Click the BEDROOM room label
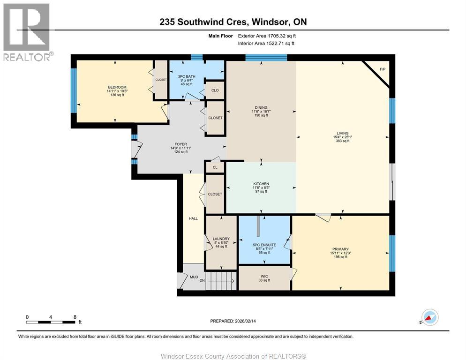[117, 87]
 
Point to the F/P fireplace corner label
[383, 69]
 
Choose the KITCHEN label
[261, 184]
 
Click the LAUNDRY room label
[221, 239]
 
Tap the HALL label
[193, 218]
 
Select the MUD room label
[194, 277]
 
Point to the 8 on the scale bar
[75, 317]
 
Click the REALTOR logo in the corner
[27, 31]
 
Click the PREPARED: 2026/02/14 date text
[238, 321]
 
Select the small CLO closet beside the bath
[215, 90]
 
